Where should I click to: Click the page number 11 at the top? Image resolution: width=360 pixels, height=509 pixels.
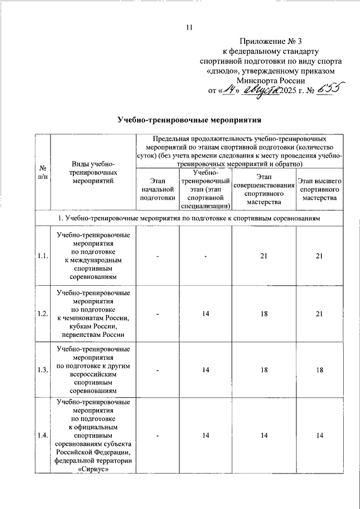(x=190, y=28)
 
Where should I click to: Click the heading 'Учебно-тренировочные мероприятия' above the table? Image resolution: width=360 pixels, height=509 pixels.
(x=190, y=120)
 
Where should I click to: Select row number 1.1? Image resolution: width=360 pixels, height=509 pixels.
(x=42, y=256)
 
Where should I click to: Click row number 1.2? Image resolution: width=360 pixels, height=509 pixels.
(x=42, y=313)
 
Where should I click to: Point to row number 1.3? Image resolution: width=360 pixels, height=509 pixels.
(x=42, y=370)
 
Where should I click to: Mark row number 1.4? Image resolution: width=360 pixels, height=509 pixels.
(x=42, y=436)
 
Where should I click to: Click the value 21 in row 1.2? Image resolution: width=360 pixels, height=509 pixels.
(x=319, y=313)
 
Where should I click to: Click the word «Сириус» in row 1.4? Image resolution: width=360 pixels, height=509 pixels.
(x=93, y=471)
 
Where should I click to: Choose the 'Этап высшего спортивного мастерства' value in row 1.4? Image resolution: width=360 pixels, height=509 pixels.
(x=319, y=436)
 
